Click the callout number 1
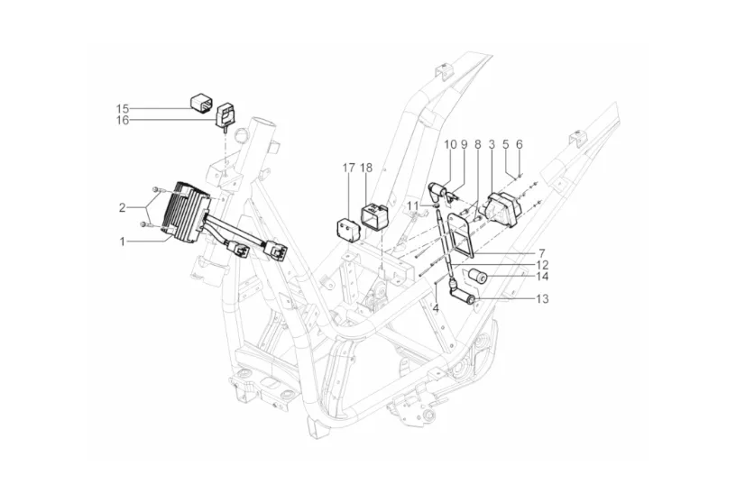click(122, 242)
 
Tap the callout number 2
click(122, 207)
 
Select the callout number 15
click(123, 109)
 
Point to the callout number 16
click(123, 121)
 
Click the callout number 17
click(348, 168)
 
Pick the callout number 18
click(366, 168)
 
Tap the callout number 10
click(450, 144)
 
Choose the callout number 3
click(492, 144)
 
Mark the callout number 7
click(542, 253)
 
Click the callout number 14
click(542, 277)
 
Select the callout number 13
click(542, 299)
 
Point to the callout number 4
click(436, 309)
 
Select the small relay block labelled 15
click(201, 104)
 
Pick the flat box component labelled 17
click(348, 229)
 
